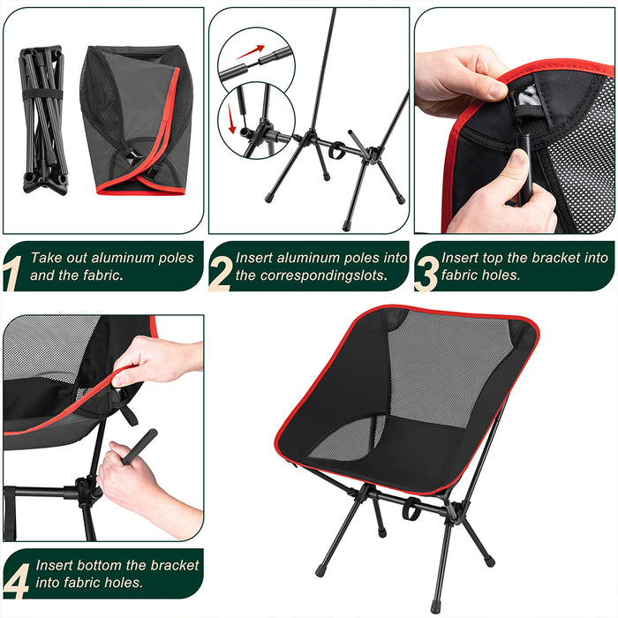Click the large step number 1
[11, 273]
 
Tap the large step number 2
[220, 274]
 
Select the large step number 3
[426, 274]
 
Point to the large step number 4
[17, 581]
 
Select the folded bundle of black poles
[42, 120]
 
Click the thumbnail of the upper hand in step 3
[496, 90]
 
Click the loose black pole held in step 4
[139, 447]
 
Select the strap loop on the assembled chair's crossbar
[411, 509]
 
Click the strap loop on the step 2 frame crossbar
[335, 150]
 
